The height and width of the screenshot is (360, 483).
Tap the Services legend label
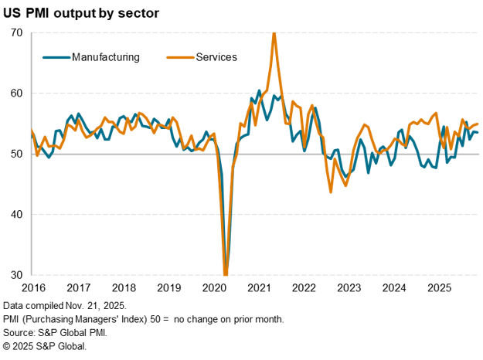click(216, 57)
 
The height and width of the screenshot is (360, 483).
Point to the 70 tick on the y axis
click(15, 33)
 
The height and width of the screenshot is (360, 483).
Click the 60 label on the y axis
click(15, 93)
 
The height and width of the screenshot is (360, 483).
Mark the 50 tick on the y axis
click(15, 154)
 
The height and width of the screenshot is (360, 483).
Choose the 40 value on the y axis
click(15, 214)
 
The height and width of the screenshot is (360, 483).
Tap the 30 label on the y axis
click(15, 274)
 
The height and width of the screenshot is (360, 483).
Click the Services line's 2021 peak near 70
click(274, 35)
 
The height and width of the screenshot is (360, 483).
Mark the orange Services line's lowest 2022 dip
click(331, 192)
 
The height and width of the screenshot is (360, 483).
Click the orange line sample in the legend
click(180, 57)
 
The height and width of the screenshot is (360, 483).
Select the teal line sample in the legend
click(55, 57)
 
